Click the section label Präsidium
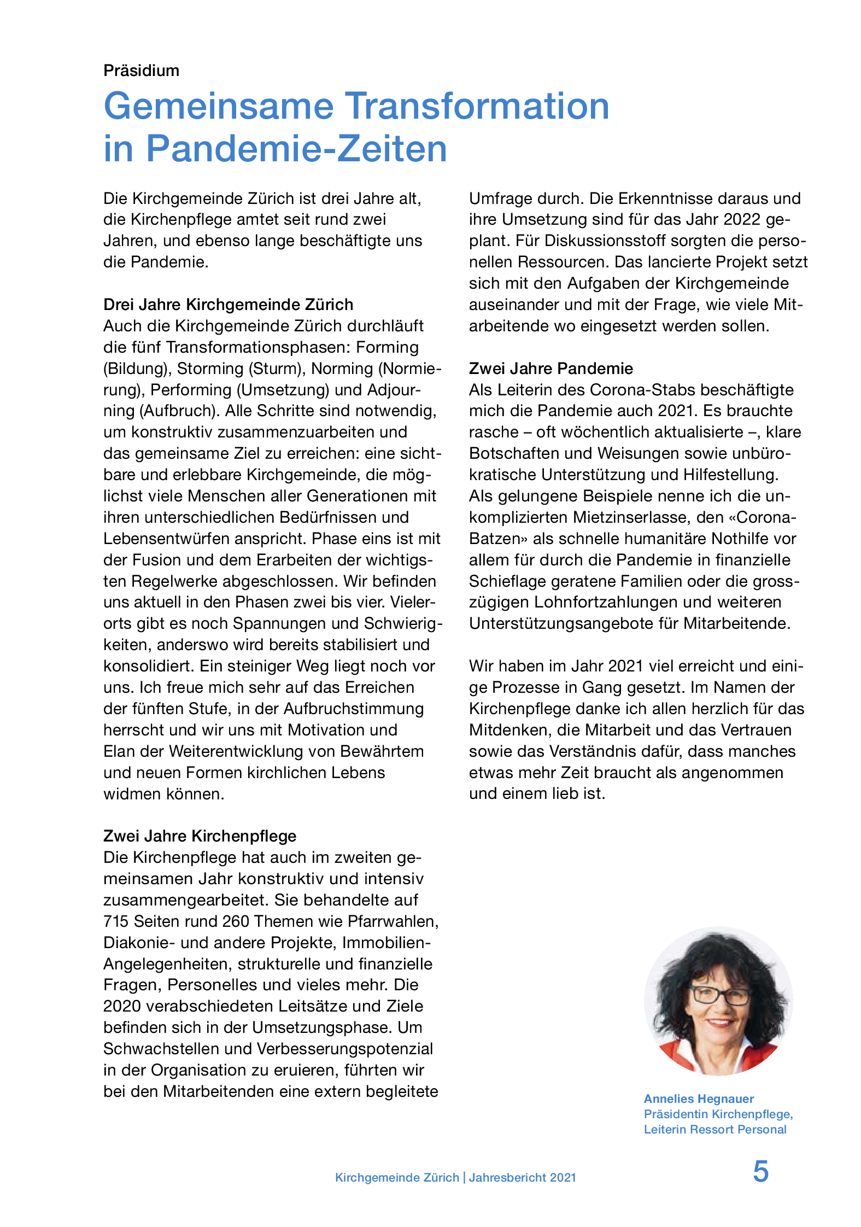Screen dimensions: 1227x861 141,71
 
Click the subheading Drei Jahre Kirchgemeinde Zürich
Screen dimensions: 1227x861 228,305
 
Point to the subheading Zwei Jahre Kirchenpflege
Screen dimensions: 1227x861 200,836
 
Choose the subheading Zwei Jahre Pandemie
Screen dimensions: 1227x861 550,369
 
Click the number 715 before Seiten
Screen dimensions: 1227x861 116,921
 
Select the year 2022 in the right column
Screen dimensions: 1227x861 742,220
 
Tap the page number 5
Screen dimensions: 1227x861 760,1172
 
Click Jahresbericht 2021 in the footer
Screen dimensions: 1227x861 522,1178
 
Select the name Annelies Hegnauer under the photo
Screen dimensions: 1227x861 699,1099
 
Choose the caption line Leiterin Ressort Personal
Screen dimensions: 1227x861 714,1130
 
